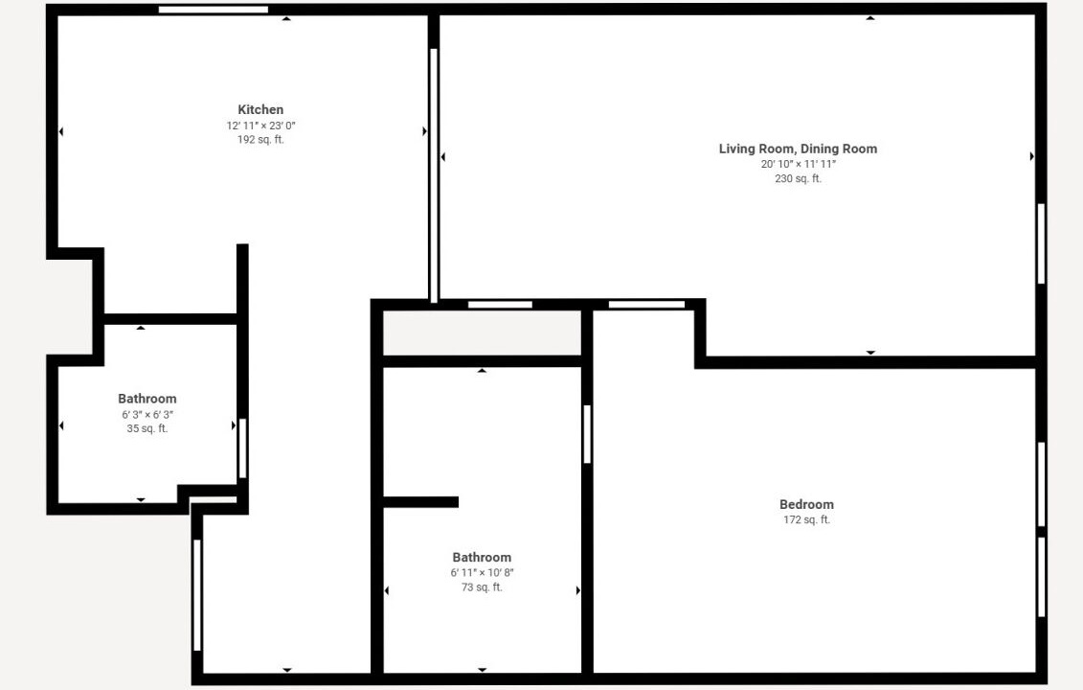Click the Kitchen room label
pyautogui.click(x=260, y=109)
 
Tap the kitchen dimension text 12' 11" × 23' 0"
pyautogui.click(x=260, y=126)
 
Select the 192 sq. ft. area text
pyautogui.click(x=260, y=140)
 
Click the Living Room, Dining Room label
pyautogui.click(x=798, y=149)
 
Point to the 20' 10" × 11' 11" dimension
pyautogui.click(x=798, y=165)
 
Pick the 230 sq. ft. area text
pyautogui.click(x=798, y=178)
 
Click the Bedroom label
pyautogui.click(x=806, y=505)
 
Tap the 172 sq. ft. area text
pyautogui.click(x=806, y=520)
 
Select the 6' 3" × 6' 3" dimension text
pyautogui.click(x=147, y=415)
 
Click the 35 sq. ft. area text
pyautogui.click(x=147, y=428)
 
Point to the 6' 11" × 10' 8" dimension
pyautogui.click(x=482, y=572)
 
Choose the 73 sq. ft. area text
pyautogui.click(x=482, y=587)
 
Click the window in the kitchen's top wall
pyautogui.click(x=214, y=10)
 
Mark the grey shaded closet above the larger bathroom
pyautogui.click(x=482, y=333)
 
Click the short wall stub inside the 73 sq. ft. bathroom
pyautogui.click(x=420, y=502)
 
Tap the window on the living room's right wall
pyautogui.click(x=1041, y=243)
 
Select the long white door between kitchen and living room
pyautogui.click(x=434, y=175)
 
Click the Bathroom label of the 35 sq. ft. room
pyautogui.click(x=147, y=399)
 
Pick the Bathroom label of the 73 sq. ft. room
pyautogui.click(x=482, y=557)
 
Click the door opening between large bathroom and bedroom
pyautogui.click(x=587, y=434)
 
